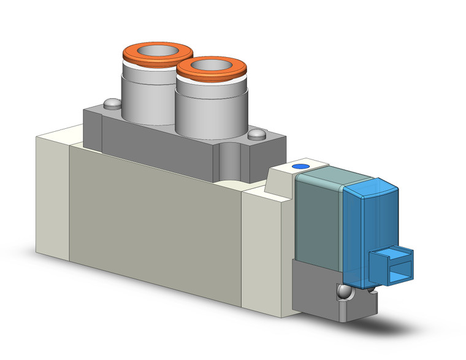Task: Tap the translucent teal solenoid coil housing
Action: (319, 221)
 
